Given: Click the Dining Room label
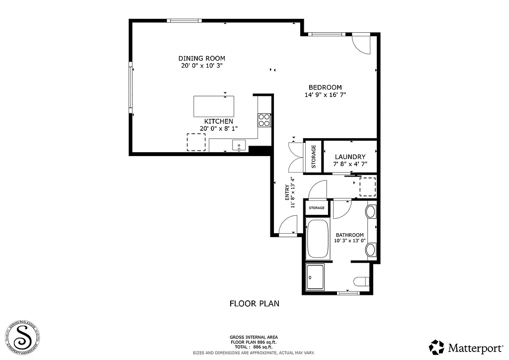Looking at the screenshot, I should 202,58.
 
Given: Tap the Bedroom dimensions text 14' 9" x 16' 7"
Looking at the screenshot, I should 325,95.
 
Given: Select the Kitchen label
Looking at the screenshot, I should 219,121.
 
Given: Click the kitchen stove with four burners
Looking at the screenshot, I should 264,120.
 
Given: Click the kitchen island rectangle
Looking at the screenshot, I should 214,106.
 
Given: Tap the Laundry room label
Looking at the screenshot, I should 350,157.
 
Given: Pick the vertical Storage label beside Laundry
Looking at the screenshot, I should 314,156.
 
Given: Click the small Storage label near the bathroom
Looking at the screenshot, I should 317,208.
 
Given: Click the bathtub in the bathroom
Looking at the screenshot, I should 317,239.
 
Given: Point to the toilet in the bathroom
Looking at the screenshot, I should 361,281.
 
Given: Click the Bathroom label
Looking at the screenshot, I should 349,235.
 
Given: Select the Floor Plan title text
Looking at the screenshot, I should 254,303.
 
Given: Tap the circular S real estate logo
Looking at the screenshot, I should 23,337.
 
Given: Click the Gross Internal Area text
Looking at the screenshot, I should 254,337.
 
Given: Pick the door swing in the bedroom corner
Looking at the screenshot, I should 361,44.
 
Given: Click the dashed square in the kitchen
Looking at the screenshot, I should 196,142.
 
